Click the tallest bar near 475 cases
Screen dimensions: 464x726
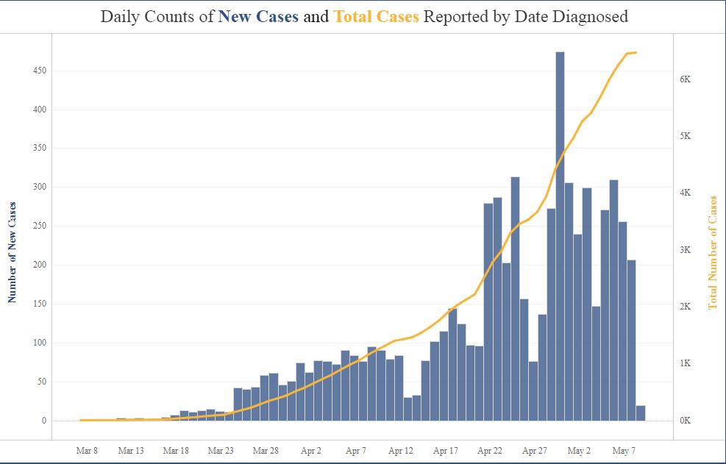click(560, 235)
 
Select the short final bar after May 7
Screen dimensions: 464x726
click(641, 413)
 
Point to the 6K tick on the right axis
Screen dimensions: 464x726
click(684, 79)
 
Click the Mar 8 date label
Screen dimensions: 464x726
click(87, 451)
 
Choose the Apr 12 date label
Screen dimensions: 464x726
click(400, 451)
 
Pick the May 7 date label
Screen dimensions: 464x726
click(624, 451)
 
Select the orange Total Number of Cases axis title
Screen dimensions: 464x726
click(712, 251)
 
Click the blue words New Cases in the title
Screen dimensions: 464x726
click(258, 16)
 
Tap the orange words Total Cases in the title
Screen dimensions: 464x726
click(376, 16)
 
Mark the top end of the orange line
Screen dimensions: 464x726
click(636, 52)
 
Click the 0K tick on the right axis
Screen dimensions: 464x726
click(684, 421)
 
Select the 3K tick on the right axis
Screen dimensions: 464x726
click(684, 250)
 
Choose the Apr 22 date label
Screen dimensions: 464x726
click(490, 451)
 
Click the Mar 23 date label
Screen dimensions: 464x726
click(221, 451)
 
